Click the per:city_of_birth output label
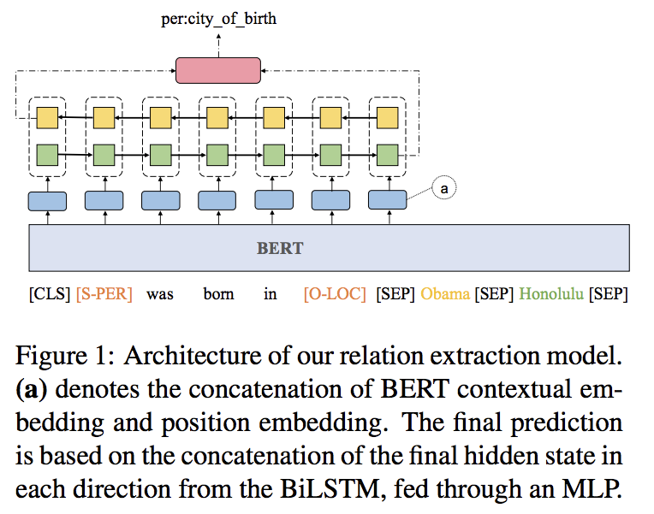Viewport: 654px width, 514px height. (x=218, y=17)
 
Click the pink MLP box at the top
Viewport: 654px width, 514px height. (x=218, y=70)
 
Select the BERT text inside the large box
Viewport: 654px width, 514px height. (x=280, y=249)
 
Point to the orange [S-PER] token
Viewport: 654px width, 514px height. (x=104, y=294)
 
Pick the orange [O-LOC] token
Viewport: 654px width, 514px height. (x=335, y=294)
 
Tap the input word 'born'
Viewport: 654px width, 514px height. (x=217, y=294)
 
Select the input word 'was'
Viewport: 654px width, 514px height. (x=160, y=294)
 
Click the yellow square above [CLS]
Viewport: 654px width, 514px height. (x=47, y=118)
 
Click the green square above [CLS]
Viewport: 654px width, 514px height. (x=47, y=155)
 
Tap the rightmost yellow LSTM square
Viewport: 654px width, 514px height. (x=388, y=118)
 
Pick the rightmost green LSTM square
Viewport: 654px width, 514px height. (x=388, y=155)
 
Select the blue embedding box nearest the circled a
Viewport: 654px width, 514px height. (x=388, y=200)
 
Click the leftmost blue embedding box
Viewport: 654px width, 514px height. (x=47, y=200)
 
